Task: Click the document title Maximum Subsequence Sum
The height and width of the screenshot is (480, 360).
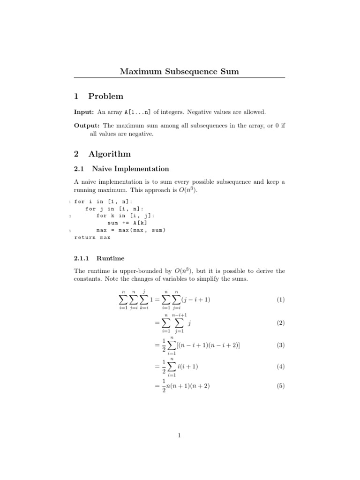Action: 180,72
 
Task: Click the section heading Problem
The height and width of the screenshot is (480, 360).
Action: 105,97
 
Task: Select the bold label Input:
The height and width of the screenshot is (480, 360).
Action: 84,112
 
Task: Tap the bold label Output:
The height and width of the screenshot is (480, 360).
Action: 87,126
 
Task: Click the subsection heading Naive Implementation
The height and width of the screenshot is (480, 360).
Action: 130,169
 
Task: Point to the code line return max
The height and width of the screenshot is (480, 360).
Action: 92,238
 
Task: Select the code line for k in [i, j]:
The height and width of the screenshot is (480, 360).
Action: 125,216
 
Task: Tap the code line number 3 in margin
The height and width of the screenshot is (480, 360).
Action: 69,216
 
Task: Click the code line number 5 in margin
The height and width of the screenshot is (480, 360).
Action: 69,231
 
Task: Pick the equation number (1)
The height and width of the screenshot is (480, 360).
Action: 280,300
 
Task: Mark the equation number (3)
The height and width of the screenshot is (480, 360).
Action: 280,345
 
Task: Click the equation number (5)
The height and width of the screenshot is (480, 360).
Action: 280,387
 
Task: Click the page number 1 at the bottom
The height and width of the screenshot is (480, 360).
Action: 180,436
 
